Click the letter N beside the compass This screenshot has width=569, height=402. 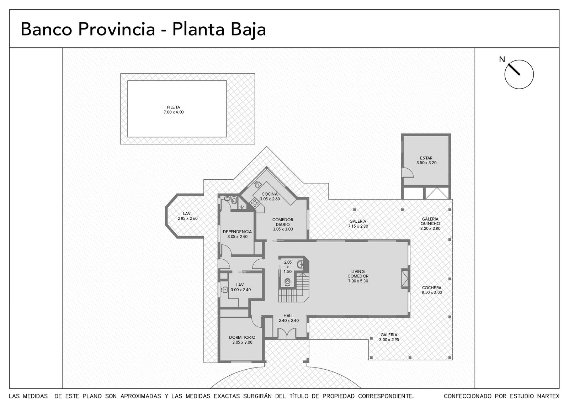502,59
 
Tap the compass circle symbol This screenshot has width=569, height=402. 519,74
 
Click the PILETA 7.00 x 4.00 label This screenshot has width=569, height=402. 174,110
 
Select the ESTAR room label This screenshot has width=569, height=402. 426,160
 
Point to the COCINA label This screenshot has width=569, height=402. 270,196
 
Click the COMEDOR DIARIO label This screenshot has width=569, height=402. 283,224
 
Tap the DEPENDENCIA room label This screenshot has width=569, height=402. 237,234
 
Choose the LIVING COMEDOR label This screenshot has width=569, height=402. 358,276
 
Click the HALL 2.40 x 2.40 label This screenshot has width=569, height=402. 288,318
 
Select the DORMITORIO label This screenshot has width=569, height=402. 242,340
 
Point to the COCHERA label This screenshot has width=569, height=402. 432,290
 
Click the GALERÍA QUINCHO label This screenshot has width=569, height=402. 430,224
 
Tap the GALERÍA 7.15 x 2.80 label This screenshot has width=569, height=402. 358,224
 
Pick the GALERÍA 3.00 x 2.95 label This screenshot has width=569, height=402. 389,337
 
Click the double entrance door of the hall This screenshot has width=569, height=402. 287,333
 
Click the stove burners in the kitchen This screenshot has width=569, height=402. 255,203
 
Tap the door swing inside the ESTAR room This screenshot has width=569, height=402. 407,173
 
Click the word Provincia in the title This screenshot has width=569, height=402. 116,29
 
